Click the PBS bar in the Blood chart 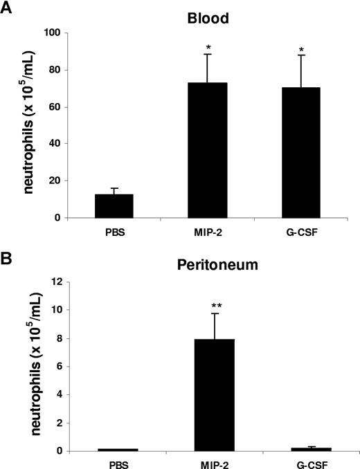point(104,205)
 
